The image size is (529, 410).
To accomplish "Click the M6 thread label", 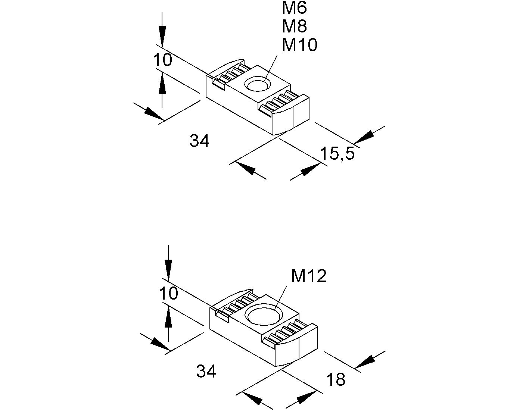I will coord(295,7).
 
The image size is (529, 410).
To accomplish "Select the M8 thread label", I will coord(295,26).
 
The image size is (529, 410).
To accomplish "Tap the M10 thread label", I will coord(299,45).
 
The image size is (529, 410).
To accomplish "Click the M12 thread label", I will coord(309,276).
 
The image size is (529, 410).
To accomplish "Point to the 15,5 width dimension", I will coord(337,153).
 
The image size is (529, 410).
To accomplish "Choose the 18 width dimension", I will coord(336,380).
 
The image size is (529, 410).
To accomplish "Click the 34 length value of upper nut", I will coord(200,141).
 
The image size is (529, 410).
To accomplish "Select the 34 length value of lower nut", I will coord(206,372).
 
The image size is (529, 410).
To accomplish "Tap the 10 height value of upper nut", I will coord(162,60).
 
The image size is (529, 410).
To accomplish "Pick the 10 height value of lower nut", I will coord(169,294).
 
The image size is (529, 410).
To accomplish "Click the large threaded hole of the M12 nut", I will coord(264,314).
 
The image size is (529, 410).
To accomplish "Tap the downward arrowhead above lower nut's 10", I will coord(168,269).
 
